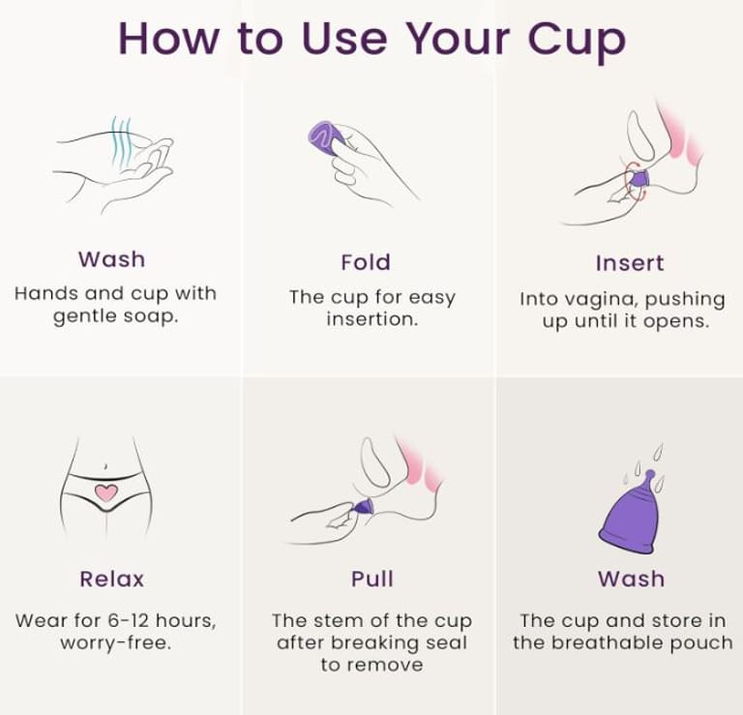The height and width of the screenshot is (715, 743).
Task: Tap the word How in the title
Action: point(168,38)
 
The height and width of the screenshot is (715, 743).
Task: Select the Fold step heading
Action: point(366,262)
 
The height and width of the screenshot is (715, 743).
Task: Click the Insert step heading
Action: point(630,263)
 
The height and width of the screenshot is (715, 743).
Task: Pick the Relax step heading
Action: point(112,579)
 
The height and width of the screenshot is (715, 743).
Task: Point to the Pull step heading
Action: point(372,579)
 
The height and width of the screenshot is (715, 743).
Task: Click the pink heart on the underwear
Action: point(106,492)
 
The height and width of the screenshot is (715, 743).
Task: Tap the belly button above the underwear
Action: point(105,466)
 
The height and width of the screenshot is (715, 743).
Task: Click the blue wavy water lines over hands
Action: point(122,141)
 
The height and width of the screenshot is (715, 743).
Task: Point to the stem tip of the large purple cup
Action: point(650,473)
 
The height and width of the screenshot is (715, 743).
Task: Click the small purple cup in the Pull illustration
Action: point(364,507)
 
